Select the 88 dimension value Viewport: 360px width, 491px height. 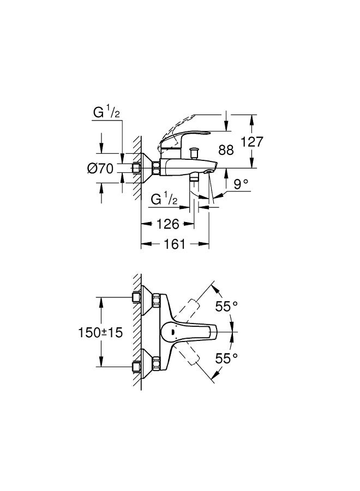(226, 150)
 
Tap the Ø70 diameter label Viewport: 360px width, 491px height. (100, 169)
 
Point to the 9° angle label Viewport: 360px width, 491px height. (241, 184)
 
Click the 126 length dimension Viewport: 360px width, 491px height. (168, 224)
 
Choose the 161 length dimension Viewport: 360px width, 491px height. (175, 244)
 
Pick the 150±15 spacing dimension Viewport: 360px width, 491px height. (100, 333)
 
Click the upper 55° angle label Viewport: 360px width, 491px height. (226, 307)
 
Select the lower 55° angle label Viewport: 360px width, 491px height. (226, 358)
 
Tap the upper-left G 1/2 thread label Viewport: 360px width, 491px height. (106, 113)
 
